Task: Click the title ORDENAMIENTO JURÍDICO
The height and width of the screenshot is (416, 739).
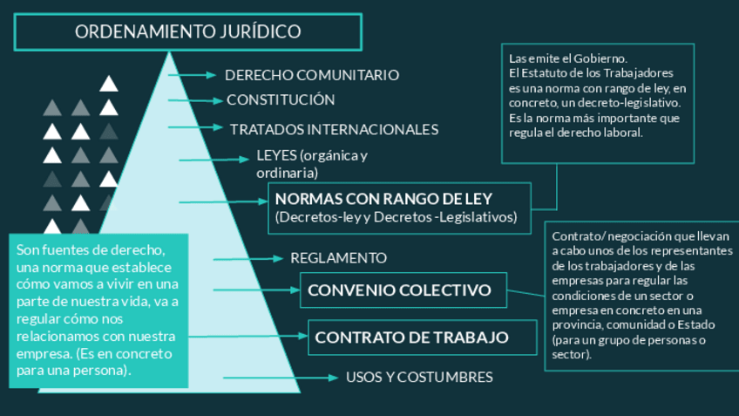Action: tap(187, 32)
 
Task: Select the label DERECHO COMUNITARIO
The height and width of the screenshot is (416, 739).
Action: tap(312, 75)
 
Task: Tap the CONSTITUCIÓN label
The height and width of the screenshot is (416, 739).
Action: tap(281, 100)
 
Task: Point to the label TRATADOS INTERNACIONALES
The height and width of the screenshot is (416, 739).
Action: tap(334, 129)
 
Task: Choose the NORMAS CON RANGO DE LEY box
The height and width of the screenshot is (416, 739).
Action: tap(397, 208)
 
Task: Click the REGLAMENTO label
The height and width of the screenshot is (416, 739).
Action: tap(338, 258)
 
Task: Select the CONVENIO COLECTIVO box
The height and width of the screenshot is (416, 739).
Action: tap(400, 290)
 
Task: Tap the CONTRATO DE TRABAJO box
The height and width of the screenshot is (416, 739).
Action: tap(412, 338)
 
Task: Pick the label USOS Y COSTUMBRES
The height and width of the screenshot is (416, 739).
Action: tap(419, 377)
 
